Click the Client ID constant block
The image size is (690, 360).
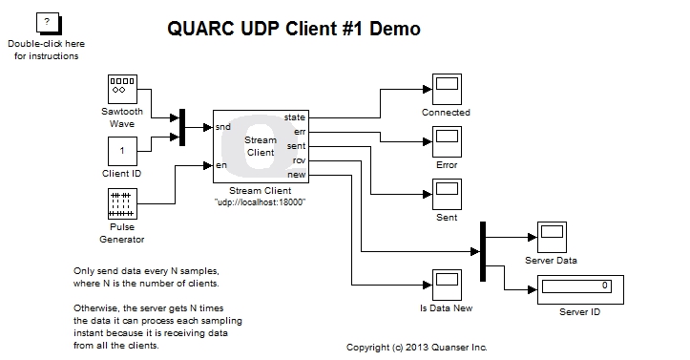click(122, 151)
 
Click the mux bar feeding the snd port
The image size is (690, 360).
click(182, 127)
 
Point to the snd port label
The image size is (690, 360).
click(223, 127)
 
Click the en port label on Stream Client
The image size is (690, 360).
click(220, 165)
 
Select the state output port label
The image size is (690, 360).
click(296, 117)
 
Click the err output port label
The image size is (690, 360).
click(299, 131)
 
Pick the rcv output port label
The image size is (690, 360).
click(299, 159)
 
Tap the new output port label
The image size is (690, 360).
click(297, 175)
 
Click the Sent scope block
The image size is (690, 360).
click(446, 194)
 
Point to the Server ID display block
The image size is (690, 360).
click(574, 286)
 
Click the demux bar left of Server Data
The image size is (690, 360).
click(484, 251)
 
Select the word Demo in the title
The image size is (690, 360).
click(393, 29)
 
